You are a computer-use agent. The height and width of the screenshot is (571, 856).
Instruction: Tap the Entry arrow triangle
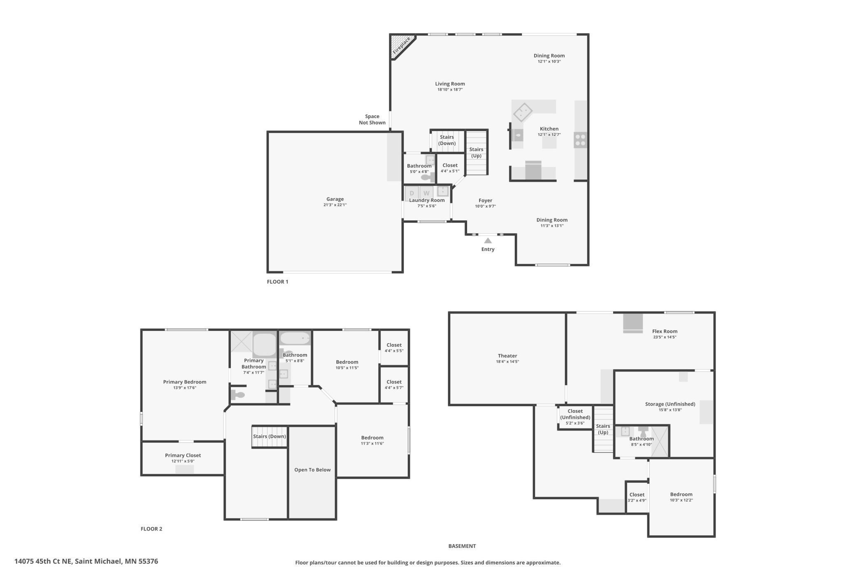(488, 241)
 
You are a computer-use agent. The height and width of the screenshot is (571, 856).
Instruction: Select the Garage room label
(335, 199)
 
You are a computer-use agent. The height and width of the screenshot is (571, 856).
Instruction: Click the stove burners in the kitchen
(580, 140)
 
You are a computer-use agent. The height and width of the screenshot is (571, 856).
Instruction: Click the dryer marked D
(412, 193)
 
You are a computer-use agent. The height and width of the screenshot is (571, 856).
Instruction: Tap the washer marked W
(426, 193)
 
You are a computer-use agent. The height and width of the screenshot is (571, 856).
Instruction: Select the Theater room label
(507, 356)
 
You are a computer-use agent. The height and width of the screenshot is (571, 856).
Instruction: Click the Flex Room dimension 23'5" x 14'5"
(665, 337)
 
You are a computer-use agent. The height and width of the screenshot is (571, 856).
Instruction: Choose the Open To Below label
(312, 470)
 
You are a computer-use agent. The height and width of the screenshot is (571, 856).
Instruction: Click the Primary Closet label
(183, 455)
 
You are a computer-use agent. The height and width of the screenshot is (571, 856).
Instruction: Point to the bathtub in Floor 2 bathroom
(295, 338)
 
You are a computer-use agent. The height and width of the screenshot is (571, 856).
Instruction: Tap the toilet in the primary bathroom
(238, 395)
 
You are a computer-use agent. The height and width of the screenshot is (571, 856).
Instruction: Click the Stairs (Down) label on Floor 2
(270, 436)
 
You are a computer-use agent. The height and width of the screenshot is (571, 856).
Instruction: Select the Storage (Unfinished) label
(670, 404)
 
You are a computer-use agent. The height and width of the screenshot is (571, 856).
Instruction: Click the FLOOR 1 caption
(277, 282)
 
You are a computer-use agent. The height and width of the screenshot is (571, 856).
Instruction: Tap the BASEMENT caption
(462, 546)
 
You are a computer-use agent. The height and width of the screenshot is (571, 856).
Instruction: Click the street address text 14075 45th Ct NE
(43, 561)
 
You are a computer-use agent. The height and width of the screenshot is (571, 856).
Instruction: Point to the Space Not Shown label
(372, 119)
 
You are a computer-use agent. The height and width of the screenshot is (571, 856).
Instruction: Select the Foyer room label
(485, 201)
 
